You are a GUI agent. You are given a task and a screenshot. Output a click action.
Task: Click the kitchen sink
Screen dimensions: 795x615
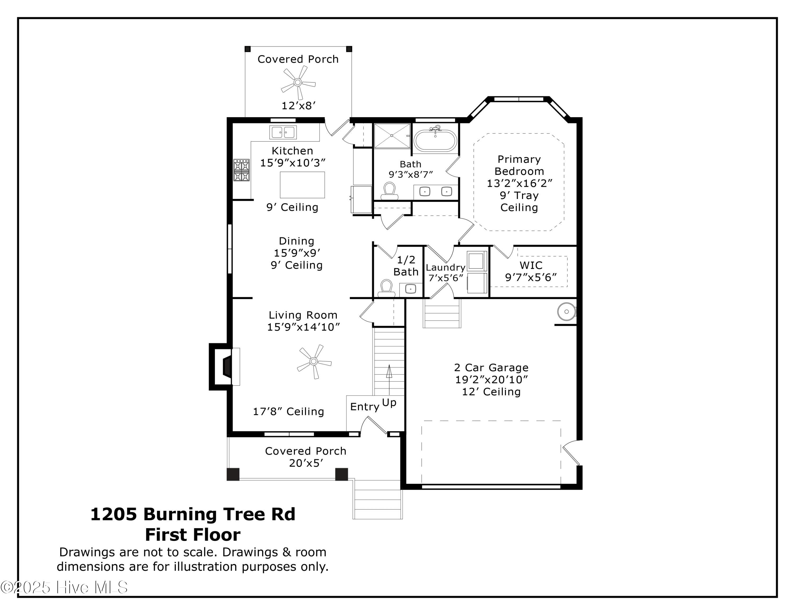283,132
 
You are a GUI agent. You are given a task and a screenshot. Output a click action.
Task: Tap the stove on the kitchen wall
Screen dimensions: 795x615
242,170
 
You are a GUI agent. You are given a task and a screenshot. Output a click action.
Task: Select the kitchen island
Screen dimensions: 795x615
302,185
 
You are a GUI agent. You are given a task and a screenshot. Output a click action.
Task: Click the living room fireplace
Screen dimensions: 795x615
225,366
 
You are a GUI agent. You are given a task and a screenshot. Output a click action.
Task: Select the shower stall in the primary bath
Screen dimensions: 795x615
392,136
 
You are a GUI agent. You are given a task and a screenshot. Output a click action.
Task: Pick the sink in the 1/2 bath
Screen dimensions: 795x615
410,290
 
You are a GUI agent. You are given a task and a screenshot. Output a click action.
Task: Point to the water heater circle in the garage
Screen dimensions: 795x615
566,311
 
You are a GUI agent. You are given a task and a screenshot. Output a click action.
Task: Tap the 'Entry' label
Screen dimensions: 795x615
365,407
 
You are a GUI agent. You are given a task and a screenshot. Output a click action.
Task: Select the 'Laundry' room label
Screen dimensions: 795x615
445,268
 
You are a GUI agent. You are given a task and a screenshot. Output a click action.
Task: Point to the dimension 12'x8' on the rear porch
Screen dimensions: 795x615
298,106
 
